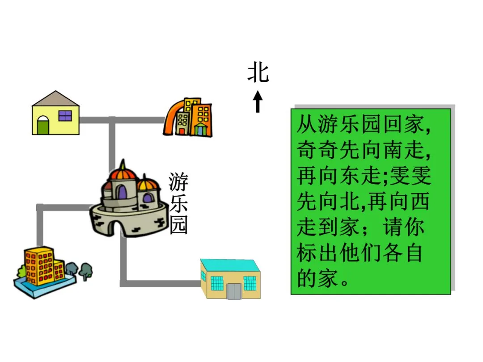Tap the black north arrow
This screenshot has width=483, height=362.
[258, 101]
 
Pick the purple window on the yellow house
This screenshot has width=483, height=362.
[65, 116]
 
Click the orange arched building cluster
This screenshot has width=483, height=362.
[188, 117]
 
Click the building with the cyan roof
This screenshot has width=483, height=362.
[230, 279]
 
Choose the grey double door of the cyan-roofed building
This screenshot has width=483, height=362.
[234, 290]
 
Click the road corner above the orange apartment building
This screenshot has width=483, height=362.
[40, 207]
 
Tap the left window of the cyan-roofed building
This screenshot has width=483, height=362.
[216, 283]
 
